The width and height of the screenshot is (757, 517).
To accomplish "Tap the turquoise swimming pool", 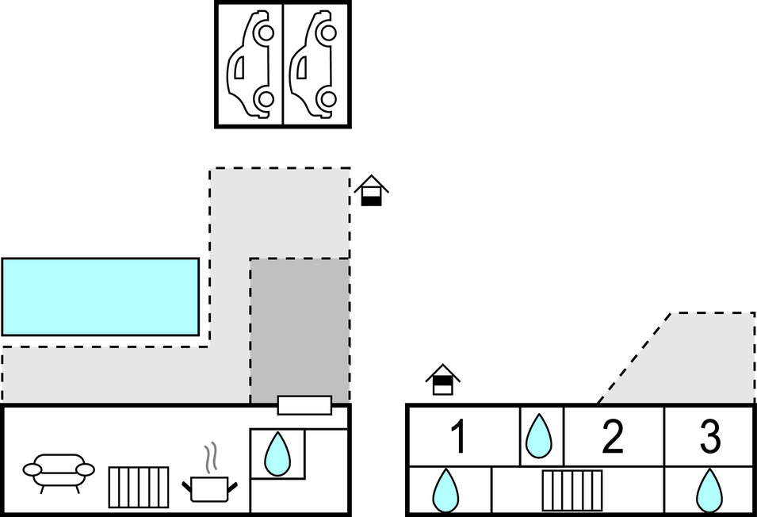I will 100,297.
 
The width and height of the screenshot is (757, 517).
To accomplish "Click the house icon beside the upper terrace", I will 371,191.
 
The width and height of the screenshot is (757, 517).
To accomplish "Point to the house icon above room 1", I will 442,380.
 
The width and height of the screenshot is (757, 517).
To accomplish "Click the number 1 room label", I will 457,437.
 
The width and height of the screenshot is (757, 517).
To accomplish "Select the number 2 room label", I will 612,437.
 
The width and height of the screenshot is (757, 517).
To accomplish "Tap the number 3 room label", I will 709,437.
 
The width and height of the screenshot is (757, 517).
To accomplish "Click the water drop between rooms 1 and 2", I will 540,436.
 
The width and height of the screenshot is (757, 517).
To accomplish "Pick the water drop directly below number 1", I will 445,490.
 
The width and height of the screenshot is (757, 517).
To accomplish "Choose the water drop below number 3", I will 709,490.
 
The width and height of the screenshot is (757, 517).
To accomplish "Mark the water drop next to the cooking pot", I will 277,454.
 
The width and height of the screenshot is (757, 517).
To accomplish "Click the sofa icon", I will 59,471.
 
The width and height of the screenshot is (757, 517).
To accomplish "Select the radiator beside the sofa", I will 138,487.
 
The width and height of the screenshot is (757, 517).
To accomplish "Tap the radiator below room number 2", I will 572,490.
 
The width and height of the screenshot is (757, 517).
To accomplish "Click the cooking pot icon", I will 209,488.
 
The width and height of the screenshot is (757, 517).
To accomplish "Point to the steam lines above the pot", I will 211,458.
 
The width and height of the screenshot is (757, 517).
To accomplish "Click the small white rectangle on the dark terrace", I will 304,405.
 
